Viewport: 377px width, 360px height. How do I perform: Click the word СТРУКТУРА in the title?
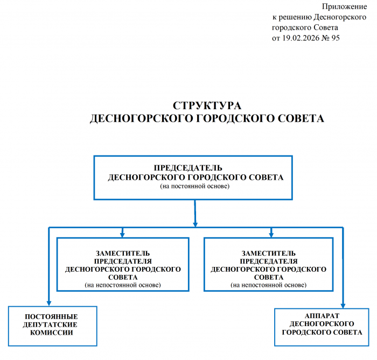tap(207, 105)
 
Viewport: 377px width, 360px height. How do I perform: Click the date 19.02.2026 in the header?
tap(302, 38)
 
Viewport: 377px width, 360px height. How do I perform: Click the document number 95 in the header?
tap(334, 38)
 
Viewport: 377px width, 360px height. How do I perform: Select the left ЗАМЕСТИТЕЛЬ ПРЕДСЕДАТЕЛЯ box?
tap(123, 264)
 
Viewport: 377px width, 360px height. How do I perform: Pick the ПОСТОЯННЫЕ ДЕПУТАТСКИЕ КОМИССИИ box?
tap(52, 325)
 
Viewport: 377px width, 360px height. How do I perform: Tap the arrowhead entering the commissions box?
tap(48, 303)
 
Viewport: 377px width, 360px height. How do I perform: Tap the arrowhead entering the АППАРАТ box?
tap(343, 305)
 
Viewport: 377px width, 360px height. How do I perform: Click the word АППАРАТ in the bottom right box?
tap(322, 315)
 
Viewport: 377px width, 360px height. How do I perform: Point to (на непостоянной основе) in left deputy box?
tap(123, 284)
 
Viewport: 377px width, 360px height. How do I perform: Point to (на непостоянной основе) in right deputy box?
tap(269, 284)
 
